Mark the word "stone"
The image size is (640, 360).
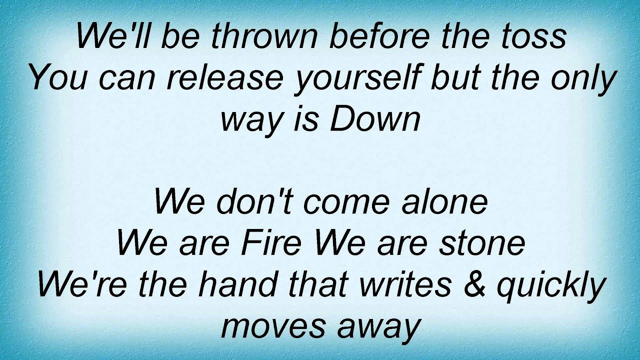click(484, 243)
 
